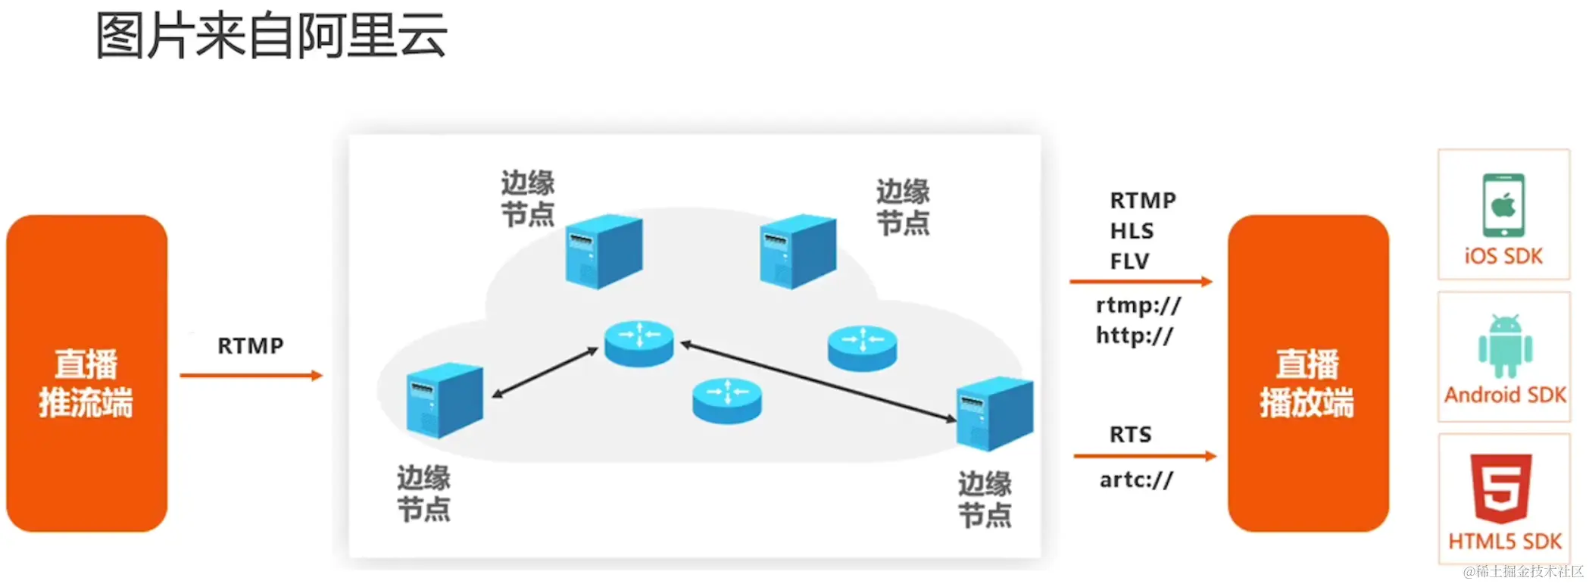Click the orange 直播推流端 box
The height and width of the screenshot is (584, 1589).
coord(86,374)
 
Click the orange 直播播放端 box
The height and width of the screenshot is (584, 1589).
coord(1307,374)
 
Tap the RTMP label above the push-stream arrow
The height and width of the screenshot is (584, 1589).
coord(251,346)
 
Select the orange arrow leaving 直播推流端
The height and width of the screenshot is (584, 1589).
coord(251,375)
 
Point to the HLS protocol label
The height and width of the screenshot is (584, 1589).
coord(1132,231)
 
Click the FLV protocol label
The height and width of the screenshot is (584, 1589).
coord(1129,261)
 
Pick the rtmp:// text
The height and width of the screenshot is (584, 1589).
coord(1138,306)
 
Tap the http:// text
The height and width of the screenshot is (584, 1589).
coord(1134,336)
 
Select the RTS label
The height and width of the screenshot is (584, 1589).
coord(1130,435)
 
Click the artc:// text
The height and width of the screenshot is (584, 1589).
coord(1136,480)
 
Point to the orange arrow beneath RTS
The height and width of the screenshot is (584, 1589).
coord(1144,456)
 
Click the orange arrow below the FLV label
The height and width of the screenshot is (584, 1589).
coord(1140,282)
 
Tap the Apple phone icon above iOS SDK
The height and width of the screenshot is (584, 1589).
coord(1503,205)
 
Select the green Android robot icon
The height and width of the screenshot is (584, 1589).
coord(1505,346)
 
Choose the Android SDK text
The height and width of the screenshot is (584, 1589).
coord(1505,395)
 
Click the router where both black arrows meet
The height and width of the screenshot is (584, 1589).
coord(638,343)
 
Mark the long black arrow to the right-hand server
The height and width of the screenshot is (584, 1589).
coord(818,383)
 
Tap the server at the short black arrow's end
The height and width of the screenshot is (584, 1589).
coord(445,400)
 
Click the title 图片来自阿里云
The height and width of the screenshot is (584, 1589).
coord(270,36)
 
